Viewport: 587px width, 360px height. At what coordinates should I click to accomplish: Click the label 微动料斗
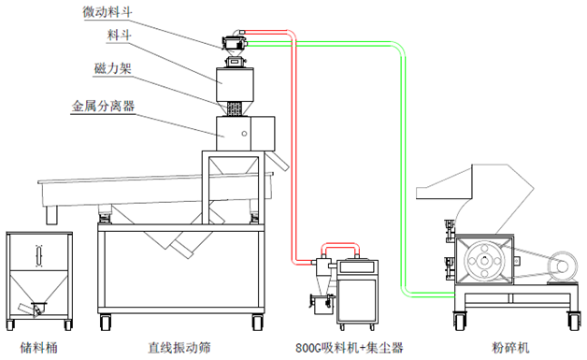tap(107, 11)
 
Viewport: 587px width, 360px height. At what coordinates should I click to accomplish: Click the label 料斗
tap(119, 35)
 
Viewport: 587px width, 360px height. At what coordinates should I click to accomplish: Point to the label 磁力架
tap(113, 68)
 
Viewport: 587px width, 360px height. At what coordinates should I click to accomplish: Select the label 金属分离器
tap(103, 106)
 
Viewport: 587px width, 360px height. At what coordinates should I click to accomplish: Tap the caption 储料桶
tap(39, 348)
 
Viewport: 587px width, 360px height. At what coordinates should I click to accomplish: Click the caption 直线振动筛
tap(179, 348)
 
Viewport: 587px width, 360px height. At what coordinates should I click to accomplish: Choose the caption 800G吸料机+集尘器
tap(350, 348)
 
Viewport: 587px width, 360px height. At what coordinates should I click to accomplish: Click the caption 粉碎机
tap(510, 348)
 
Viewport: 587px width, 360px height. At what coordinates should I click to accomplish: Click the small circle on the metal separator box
tap(244, 134)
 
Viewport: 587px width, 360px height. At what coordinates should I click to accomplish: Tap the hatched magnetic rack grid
tap(234, 108)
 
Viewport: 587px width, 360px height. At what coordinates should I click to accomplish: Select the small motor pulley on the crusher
tap(563, 266)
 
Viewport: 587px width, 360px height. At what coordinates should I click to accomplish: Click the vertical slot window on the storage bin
tap(39, 256)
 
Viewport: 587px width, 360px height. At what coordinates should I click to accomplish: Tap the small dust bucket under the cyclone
tap(322, 305)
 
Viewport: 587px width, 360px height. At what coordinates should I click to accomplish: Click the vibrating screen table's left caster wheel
tap(106, 322)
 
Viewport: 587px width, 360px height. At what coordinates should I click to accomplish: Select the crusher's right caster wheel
tap(573, 321)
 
